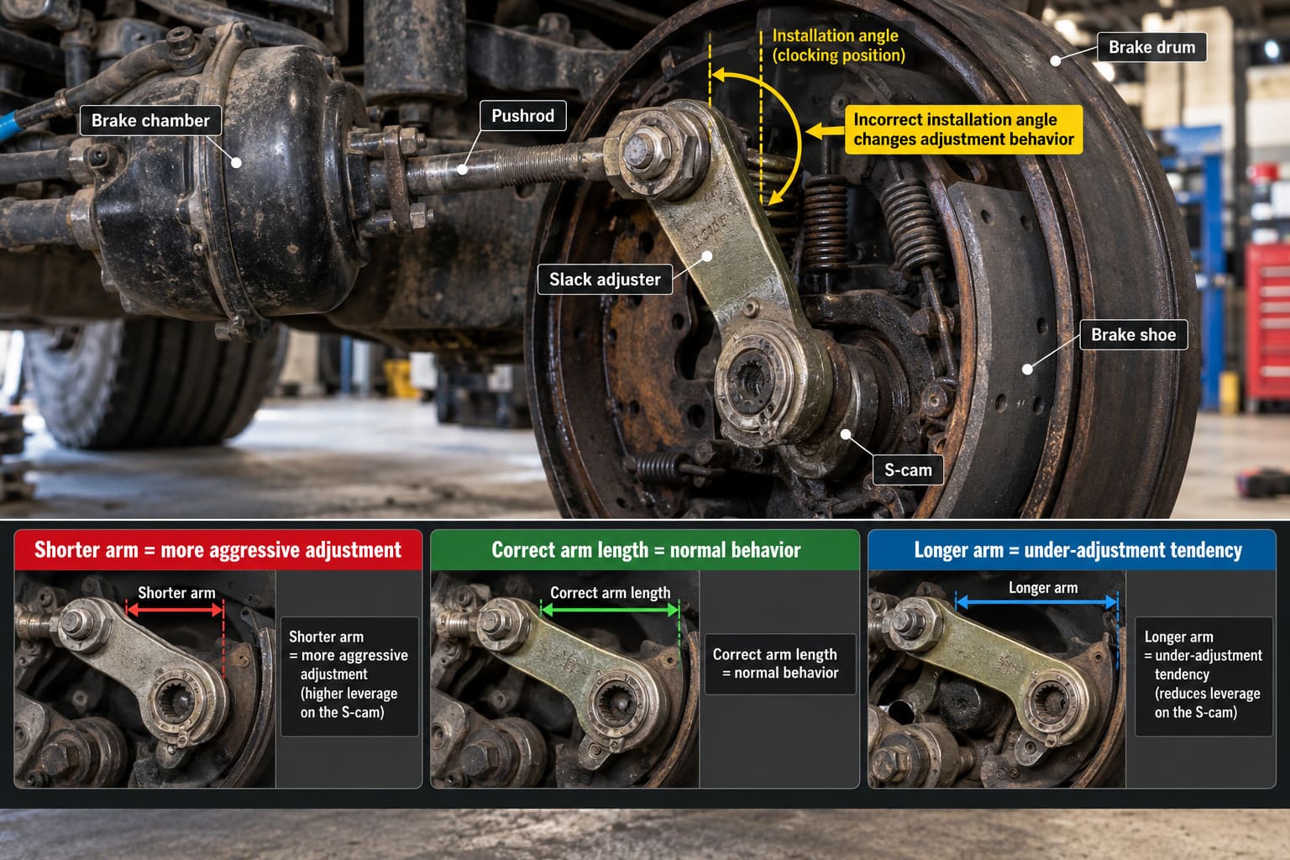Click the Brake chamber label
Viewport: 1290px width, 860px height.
(150, 120)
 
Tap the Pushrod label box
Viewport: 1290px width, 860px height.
(523, 116)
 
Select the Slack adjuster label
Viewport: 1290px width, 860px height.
(605, 280)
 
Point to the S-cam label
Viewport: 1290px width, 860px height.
(908, 470)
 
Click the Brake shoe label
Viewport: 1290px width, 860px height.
(1133, 334)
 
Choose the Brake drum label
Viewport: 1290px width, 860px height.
(1151, 47)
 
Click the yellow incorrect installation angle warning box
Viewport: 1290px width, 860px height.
(963, 129)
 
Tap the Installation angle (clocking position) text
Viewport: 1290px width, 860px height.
(838, 45)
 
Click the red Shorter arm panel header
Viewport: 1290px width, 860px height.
(218, 550)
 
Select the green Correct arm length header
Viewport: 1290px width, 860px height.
(646, 550)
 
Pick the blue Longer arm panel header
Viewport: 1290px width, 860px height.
(1072, 550)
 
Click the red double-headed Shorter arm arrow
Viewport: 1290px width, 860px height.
(175, 610)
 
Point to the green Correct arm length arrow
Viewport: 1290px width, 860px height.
(611, 610)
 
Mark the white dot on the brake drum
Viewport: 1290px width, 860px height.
(1056, 60)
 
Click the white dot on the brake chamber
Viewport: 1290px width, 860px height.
(236, 163)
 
